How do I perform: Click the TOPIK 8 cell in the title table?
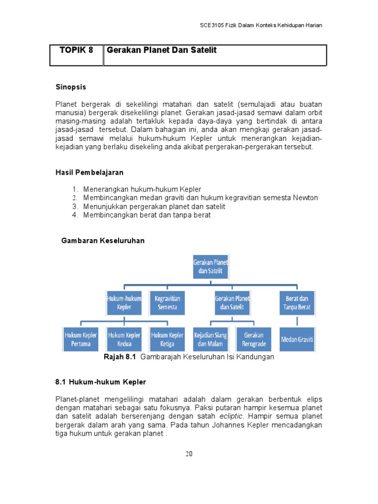click(x=76, y=51)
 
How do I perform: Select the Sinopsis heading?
click(x=70, y=87)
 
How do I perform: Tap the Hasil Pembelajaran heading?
click(x=89, y=173)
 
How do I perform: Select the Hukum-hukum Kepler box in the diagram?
click(x=124, y=303)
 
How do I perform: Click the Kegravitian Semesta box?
click(x=167, y=303)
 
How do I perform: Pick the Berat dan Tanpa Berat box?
click(x=297, y=303)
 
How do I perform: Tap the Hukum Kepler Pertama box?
click(x=81, y=339)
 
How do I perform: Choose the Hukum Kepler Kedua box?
click(x=124, y=339)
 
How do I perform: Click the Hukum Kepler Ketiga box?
click(x=167, y=339)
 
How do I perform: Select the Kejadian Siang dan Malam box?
click(x=210, y=339)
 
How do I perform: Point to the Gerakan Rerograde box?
click(x=253, y=339)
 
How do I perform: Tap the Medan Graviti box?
click(x=297, y=339)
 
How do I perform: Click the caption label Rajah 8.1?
click(x=119, y=357)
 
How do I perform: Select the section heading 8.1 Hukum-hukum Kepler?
click(x=100, y=382)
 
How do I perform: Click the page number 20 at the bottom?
click(x=189, y=454)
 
